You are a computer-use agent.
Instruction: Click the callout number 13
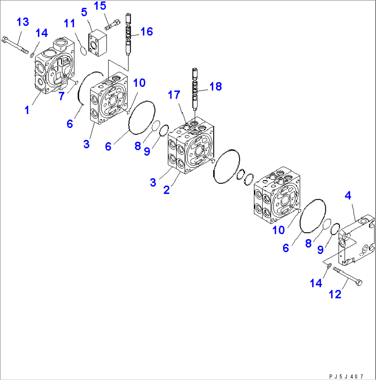(x=23, y=22)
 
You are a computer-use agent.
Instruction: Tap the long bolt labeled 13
(x=16, y=45)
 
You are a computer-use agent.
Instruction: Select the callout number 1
(x=27, y=111)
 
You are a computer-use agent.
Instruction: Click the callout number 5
(x=84, y=12)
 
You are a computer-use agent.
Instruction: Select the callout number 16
(x=147, y=32)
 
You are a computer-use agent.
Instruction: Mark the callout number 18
(x=216, y=86)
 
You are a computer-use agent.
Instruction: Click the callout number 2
(x=166, y=189)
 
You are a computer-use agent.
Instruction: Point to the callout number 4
(x=348, y=196)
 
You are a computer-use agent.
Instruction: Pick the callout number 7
(x=61, y=96)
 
